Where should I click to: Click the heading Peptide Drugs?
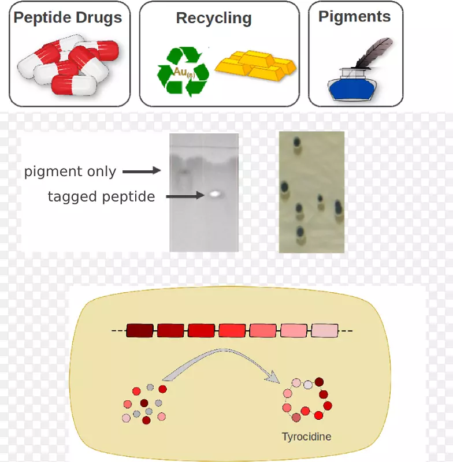coord(68,17)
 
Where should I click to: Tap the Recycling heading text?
coord(214,18)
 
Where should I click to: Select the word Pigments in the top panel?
coord(354,16)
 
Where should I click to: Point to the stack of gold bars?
coord(255,65)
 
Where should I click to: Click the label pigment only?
coord(70,172)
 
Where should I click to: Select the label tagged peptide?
coord(101,197)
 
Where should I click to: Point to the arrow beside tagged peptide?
coord(186,196)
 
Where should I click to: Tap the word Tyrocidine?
coord(306,437)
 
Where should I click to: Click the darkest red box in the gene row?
coord(140,331)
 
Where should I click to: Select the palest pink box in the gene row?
coord(325,331)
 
